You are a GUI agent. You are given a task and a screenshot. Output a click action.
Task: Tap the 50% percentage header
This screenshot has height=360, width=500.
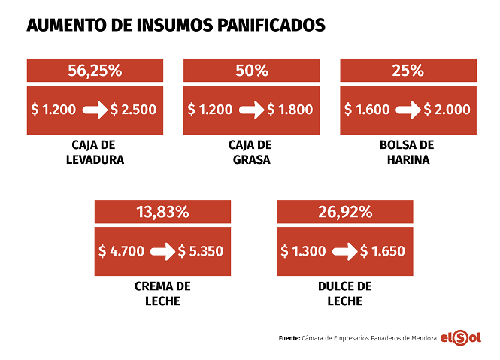(251, 71)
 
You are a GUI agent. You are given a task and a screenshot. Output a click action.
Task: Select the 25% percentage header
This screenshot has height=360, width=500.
(408, 71)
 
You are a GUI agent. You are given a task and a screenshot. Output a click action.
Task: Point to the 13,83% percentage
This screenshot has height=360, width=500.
(162, 212)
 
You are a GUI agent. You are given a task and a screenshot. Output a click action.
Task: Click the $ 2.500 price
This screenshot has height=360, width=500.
(133, 110)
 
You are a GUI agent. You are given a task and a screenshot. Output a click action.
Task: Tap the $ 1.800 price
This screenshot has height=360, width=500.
(289, 110)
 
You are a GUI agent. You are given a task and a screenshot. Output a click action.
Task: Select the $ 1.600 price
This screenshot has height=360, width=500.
(367, 110)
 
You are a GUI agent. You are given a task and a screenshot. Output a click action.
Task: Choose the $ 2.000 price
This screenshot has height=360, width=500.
(447, 110)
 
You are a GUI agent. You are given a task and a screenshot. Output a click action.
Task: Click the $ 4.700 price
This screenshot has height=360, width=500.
(122, 250)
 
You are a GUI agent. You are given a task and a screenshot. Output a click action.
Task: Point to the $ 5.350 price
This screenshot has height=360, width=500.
(201, 250)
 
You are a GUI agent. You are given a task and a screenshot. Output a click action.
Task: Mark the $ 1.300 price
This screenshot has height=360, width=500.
(304, 250)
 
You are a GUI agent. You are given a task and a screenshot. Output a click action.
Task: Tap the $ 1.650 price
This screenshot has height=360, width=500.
(383, 250)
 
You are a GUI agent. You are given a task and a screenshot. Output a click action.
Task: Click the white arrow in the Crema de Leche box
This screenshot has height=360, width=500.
(162, 251)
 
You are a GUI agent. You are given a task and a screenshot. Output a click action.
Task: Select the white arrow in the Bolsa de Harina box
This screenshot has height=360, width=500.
(408, 110)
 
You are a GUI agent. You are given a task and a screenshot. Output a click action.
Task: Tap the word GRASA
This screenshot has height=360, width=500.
(251, 159)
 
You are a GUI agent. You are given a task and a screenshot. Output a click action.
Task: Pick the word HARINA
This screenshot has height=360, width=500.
(408, 159)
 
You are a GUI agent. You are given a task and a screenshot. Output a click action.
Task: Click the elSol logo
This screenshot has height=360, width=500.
(460, 338)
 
